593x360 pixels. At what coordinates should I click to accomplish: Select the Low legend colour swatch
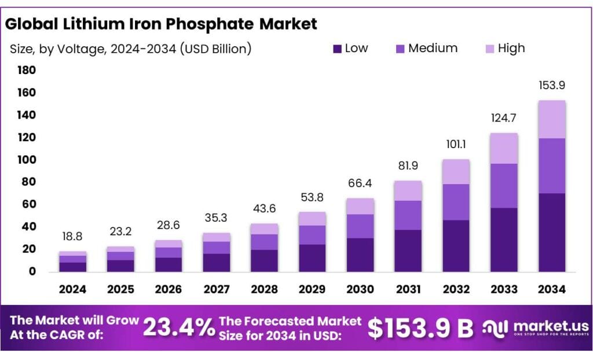pos(338,49)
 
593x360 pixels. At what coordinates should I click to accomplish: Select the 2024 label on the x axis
pos(72,289)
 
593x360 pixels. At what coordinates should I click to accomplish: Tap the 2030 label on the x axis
pos(360,289)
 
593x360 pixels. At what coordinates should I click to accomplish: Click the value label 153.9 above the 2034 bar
pos(551,85)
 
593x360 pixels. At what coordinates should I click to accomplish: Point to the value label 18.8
pos(72,237)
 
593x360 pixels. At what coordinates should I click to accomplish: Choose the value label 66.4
pos(360,183)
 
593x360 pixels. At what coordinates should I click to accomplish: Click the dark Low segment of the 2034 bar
pos(551,232)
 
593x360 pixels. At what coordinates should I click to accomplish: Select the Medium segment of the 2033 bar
pos(504,186)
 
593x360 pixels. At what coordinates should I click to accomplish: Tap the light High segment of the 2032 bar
pos(456,172)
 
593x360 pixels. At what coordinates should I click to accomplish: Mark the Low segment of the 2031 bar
pos(408,251)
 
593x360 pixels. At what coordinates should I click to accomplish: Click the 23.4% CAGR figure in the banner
pos(178,328)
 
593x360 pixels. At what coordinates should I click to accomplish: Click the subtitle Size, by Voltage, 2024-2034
pos(130,49)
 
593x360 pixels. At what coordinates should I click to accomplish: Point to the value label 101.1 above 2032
pos(456,145)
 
